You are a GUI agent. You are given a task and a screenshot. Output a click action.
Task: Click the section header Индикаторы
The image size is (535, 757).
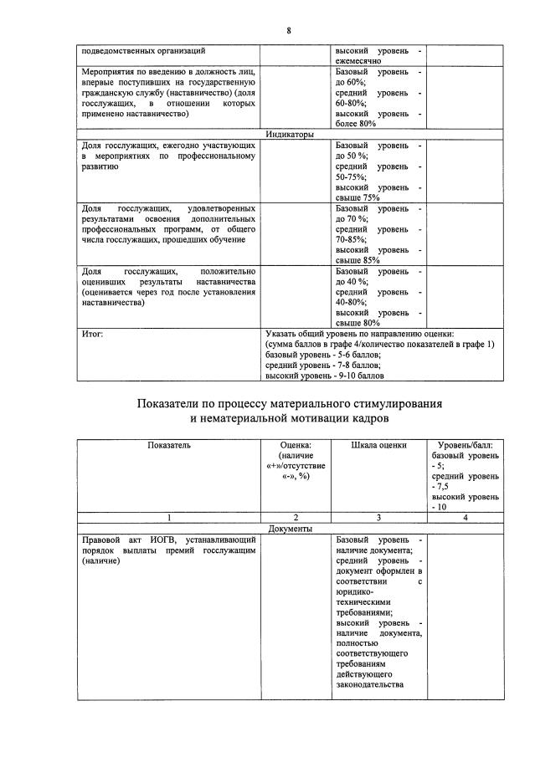[x=291, y=135]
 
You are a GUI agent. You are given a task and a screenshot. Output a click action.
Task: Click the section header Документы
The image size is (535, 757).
[x=291, y=529]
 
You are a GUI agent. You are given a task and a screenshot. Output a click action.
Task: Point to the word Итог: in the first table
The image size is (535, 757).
[x=93, y=333]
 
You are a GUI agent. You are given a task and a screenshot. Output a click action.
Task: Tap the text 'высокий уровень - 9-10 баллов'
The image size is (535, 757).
[x=324, y=376]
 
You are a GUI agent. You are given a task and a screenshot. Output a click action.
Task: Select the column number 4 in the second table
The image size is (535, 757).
[x=465, y=519]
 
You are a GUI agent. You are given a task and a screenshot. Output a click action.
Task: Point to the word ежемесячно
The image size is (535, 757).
[x=359, y=61]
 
